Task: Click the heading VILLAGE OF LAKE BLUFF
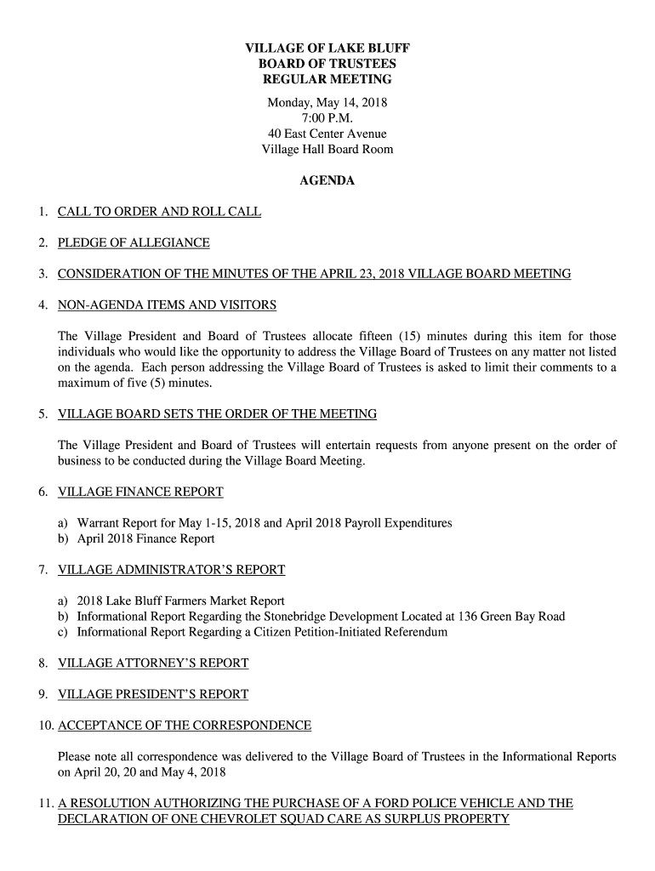click(x=327, y=48)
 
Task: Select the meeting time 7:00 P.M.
click(x=327, y=118)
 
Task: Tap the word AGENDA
click(x=327, y=181)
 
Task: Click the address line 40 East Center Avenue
click(x=327, y=134)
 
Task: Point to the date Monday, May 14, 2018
click(x=327, y=103)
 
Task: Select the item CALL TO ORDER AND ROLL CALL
click(x=159, y=212)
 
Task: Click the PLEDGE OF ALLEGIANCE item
click(x=134, y=243)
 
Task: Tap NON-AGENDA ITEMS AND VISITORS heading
click(x=167, y=305)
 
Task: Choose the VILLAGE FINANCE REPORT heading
click(x=140, y=492)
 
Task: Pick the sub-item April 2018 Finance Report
click(x=145, y=538)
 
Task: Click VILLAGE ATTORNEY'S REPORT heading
click(x=153, y=663)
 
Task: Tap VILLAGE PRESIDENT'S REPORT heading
click(x=153, y=695)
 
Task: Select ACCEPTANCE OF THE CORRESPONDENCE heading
click(x=185, y=726)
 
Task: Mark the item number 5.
click(x=43, y=414)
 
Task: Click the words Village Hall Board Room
click(x=327, y=150)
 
